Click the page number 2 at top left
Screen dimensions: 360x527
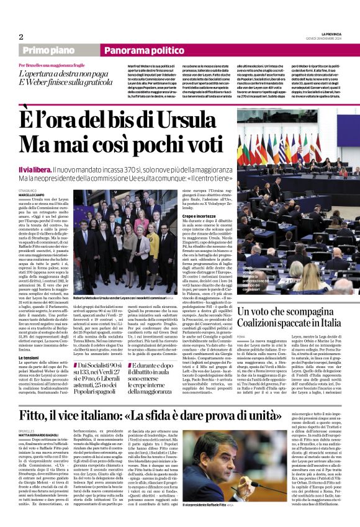[x=21, y=37]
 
